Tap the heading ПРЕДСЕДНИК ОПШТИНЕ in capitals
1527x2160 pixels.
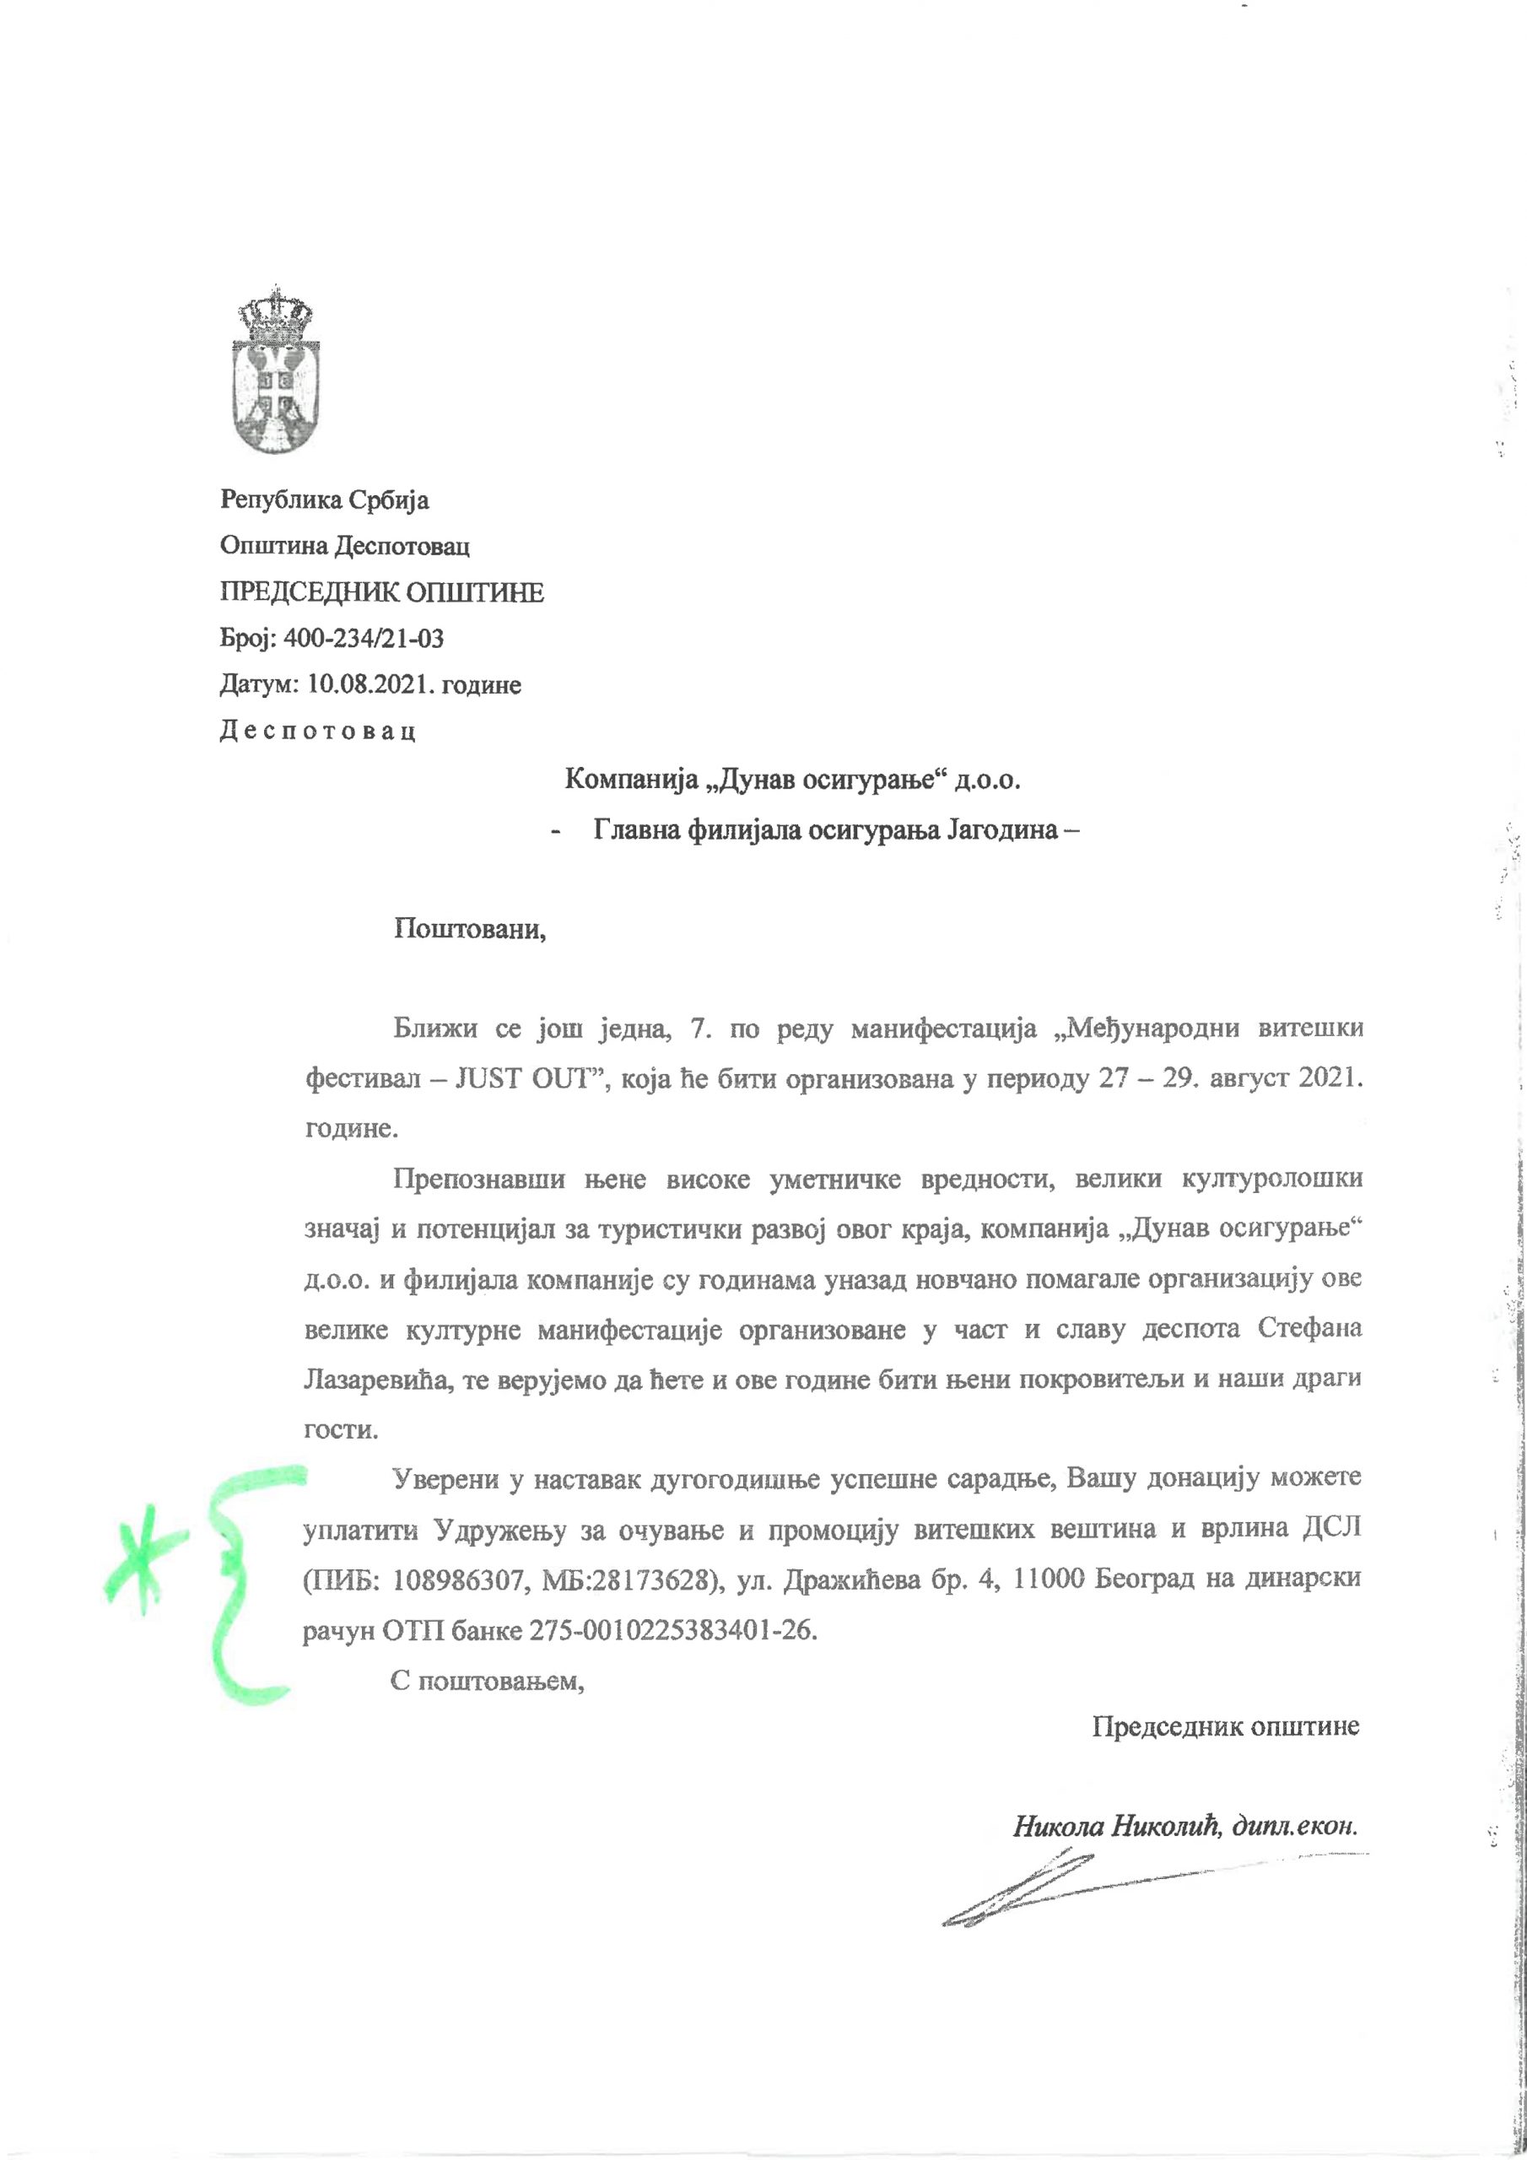click(382, 592)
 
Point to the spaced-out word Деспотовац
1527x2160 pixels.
click(318, 731)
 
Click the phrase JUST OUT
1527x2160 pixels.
click(525, 1078)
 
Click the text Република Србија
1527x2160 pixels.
click(325, 499)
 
